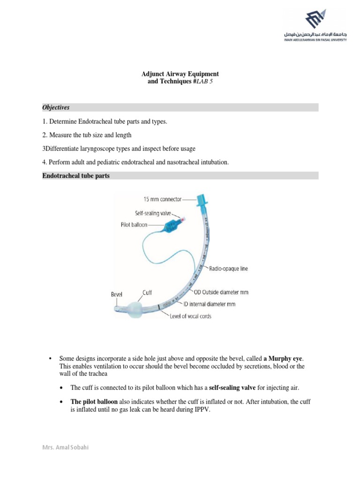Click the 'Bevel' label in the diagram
click(x=117, y=295)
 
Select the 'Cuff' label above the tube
click(x=147, y=292)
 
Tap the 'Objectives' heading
click(x=56, y=107)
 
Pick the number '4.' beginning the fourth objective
click(x=45, y=162)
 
